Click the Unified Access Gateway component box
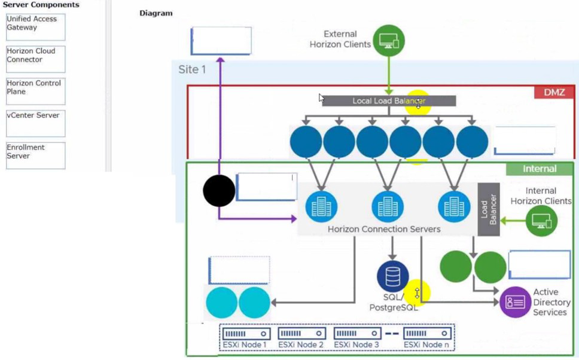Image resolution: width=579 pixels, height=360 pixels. click(35, 27)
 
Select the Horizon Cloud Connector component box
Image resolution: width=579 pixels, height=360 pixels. click(35, 59)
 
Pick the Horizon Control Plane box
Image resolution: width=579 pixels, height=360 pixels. click(35, 91)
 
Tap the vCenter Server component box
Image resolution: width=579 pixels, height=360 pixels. click(35, 123)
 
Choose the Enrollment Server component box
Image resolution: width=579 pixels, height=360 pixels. click(35, 155)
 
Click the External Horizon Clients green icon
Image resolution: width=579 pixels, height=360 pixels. click(389, 41)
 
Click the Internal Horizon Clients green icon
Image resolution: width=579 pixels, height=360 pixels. click(541, 221)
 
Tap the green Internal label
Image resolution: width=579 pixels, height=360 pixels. click(540, 169)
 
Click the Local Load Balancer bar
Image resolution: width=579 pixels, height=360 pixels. click(389, 101)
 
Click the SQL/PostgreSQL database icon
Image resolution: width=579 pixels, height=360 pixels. click(392, 276)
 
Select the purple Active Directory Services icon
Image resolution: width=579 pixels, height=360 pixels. click(515, 301)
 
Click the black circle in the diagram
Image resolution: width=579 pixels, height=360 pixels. click(219, 191)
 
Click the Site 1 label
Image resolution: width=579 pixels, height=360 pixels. click(192, 69)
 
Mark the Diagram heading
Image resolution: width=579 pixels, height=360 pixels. click(156, 13)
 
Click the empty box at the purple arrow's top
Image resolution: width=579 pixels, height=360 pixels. click(221, 41)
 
